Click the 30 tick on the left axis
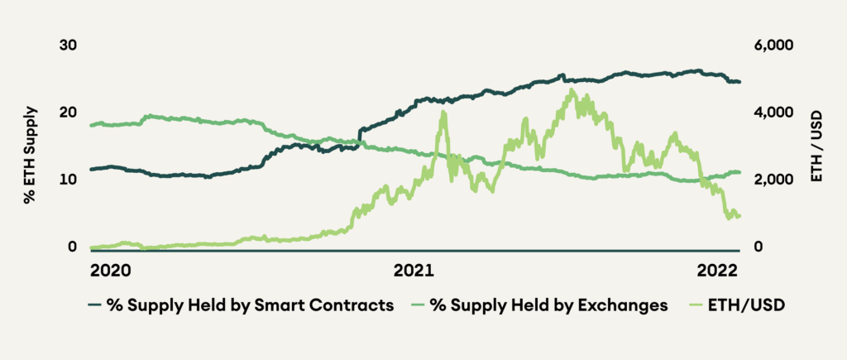point(68,45)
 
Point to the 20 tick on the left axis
point(68,113)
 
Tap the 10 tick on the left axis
point(68,180)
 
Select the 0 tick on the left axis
point(72,247)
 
